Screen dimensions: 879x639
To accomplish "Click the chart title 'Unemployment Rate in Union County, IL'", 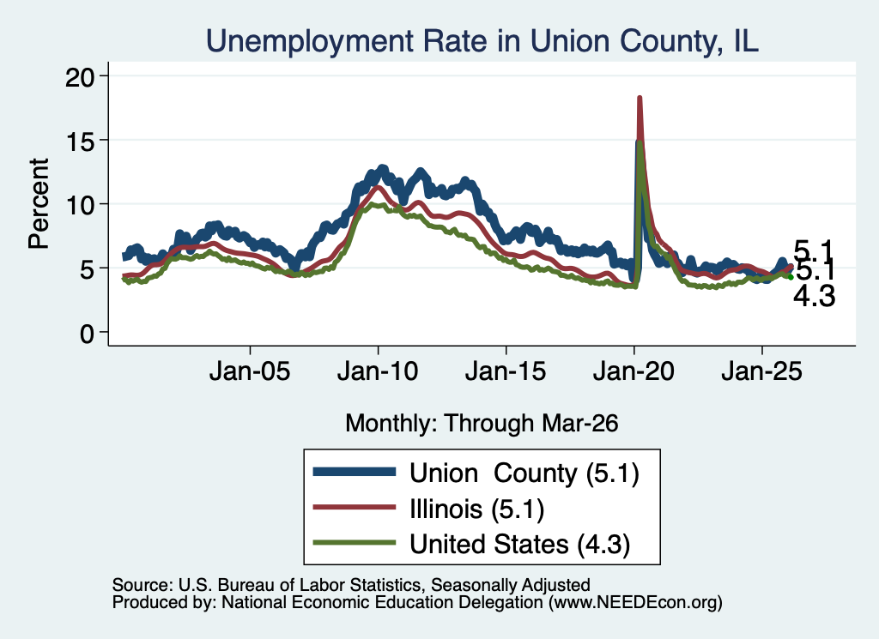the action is click(482, 41).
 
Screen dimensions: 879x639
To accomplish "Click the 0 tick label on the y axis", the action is click(87, 334).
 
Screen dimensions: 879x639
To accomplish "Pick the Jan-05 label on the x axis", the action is click(250, 371).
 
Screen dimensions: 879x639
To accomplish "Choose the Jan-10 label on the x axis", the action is click(378, 371).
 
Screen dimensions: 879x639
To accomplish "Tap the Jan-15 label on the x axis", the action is click(506, 371).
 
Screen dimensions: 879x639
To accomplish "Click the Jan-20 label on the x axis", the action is click(633, 371).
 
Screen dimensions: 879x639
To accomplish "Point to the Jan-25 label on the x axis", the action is click(762, 371).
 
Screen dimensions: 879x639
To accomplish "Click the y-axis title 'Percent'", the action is click(39, 204).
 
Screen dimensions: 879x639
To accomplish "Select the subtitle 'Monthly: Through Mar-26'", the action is click(482, 424).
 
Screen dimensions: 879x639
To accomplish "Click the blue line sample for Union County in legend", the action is click(355, 472).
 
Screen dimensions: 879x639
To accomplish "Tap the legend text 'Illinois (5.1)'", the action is click(477, 509).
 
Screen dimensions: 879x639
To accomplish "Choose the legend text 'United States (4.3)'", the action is click(519, 545).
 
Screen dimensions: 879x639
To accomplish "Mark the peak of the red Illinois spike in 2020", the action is click(639, 98).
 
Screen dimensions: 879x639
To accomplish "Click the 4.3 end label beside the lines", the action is click(814, 296).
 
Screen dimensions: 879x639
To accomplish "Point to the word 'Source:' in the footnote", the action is click(142, 585).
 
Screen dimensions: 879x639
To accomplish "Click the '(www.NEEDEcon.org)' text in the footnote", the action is click(635, 603).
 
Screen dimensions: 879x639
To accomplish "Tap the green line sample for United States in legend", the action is click(355, 543).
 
